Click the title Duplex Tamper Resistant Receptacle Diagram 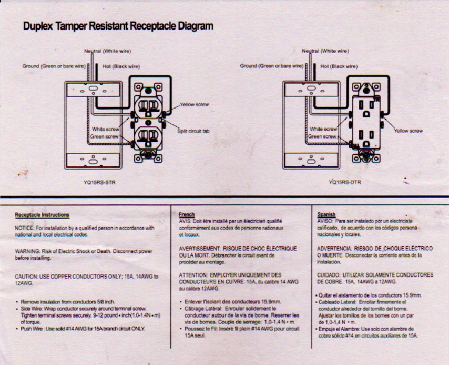tap(118, 26)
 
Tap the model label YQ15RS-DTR tap(345, 182)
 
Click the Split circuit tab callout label tap(193, 131)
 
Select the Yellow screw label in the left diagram tap(195, 105)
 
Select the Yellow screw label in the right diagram tap(409, 131)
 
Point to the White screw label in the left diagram tap(105, 128)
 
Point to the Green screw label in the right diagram tap(322, 137)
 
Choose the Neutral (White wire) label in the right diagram tap(326, 51)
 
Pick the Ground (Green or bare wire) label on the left tap(54, 66)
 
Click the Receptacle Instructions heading tap(42, 215)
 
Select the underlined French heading tap(186, 215)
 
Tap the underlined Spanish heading tap(326, 214)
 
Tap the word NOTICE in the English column tap(24, 228)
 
